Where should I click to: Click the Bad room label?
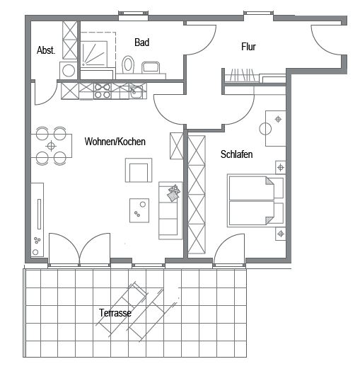pos(141,42)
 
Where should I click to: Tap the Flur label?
pos(248,47)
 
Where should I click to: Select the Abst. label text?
pos(46,50)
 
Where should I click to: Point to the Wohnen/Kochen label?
pos(115,142)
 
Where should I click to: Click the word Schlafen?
pos(237,154)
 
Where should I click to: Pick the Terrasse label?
pos(115,313)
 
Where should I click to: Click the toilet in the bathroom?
pos(128,64)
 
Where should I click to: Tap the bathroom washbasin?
pos(151,67)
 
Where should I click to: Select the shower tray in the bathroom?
pos(93,55)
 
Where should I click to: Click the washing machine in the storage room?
pos(69,71)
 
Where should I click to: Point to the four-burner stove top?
pos(103,91)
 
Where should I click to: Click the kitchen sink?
pos(137,91)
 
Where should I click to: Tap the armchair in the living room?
pos(139,170)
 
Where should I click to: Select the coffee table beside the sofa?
pos(139,210)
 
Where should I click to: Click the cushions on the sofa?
pos(174,193)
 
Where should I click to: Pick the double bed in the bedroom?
pos(256,200)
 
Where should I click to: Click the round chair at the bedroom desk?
pos(265,129)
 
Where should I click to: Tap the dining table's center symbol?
pos(51,146)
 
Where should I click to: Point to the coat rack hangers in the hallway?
pos(242,75)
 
